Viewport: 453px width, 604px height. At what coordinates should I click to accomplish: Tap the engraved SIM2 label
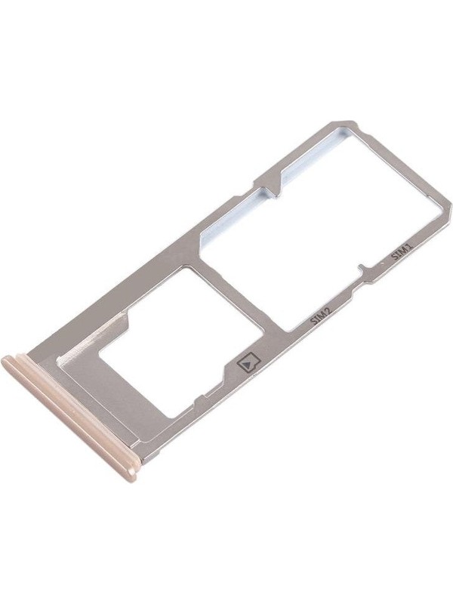pos(321,316)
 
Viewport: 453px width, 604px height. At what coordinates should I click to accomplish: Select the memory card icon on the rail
pos(248,362)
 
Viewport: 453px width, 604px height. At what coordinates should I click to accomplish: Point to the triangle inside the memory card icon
pos(248,362)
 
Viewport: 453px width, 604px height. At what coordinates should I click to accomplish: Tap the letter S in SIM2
pos(313,321)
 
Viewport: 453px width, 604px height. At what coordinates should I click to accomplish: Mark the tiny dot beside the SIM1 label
pos(381,263)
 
